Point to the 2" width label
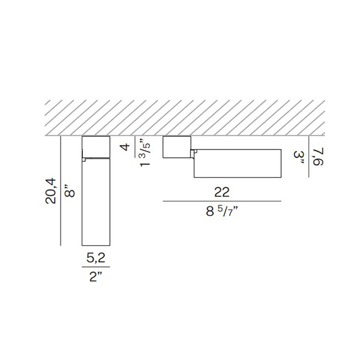[96, 278]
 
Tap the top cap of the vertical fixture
[96, 147]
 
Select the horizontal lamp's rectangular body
[237, 163]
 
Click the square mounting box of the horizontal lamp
[177, 148]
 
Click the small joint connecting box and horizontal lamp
[193, 154]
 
